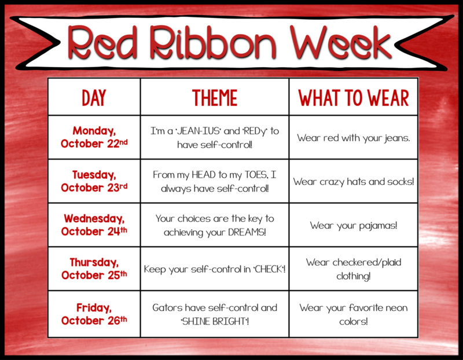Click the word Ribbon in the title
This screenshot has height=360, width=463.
pyautogui.click(x=212, y=42)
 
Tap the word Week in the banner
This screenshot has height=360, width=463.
pyautogui.click(x=341, y=42)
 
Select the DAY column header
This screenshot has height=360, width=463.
pyautogui.click(x=94, y=98)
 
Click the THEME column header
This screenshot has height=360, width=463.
pyautogui.click(x=215, y=98)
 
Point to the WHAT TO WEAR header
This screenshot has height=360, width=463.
pyautogui.click(x=354, y=98)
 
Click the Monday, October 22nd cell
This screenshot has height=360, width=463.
pyautogui.click(x=94, y=137)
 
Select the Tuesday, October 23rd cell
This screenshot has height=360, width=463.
pyautogui.click(x=94, y=181)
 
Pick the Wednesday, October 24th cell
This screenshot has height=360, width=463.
pyautogui.click(x=94, y=225)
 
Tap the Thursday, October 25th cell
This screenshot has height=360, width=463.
pyautogui.click(x=94, y=269)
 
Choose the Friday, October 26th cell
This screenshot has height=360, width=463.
pyautogui.click(x=94, y=314)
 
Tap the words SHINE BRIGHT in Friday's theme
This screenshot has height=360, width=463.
pyautogui.click(x=214, y=321)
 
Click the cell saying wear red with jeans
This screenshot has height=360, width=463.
pyautogui.click(x=354, y=137)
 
